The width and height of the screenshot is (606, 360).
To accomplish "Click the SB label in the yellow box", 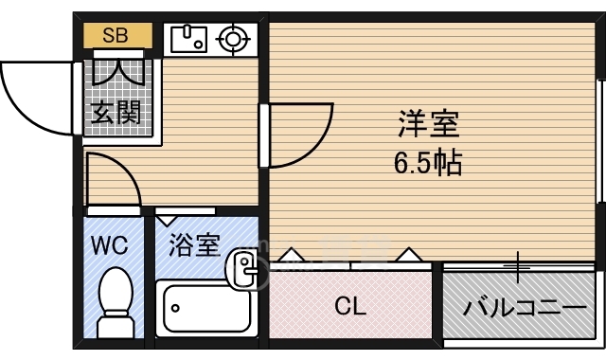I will tap(115, 37).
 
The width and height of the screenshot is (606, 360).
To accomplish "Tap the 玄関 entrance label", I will tap(117, 113).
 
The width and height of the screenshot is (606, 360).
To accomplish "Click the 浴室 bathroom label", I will tap(194, 245).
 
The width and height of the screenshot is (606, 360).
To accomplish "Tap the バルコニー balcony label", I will tap(524, 308).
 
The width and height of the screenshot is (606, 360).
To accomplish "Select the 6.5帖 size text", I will tap(428, 164).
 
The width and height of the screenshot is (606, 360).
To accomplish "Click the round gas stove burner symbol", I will tap(231, 40).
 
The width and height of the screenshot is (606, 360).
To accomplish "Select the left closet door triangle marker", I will tap(291, 256).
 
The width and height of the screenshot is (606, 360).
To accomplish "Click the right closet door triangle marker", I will tap(410, 256).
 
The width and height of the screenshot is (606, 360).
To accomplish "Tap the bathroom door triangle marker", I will tap(171, 220).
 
